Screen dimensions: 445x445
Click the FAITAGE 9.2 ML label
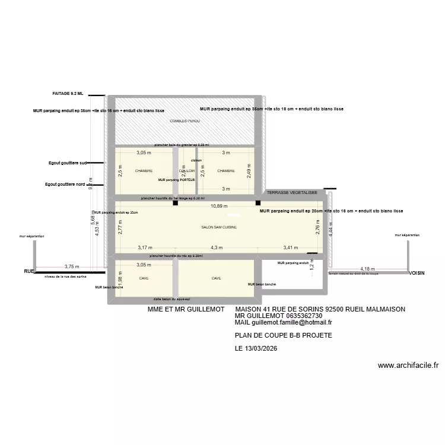tap(68, 94)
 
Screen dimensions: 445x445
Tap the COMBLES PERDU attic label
tap(185, 121)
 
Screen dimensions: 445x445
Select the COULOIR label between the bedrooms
tap(186, 171)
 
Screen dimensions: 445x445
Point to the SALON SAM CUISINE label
tap(220, 227)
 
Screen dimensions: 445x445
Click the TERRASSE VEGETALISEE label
tap(291, 193)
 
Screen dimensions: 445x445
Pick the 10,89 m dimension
tap(219, 206)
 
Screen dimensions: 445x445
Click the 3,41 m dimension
tap(291, 248)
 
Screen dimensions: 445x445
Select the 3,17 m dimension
tap(145, 248)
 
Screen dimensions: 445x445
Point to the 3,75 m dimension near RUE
tap(71, 267)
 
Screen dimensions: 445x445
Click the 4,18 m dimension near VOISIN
tap(368, 269)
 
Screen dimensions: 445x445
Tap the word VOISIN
tap(418, 274)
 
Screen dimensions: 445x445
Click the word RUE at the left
tap(28, 271)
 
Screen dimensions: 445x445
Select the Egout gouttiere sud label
tap(68, 163)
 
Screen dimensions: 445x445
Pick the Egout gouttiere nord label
tap(66, 185)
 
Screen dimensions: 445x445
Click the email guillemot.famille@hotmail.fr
tap(291, 323)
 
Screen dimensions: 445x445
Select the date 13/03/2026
tap(262, 348)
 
